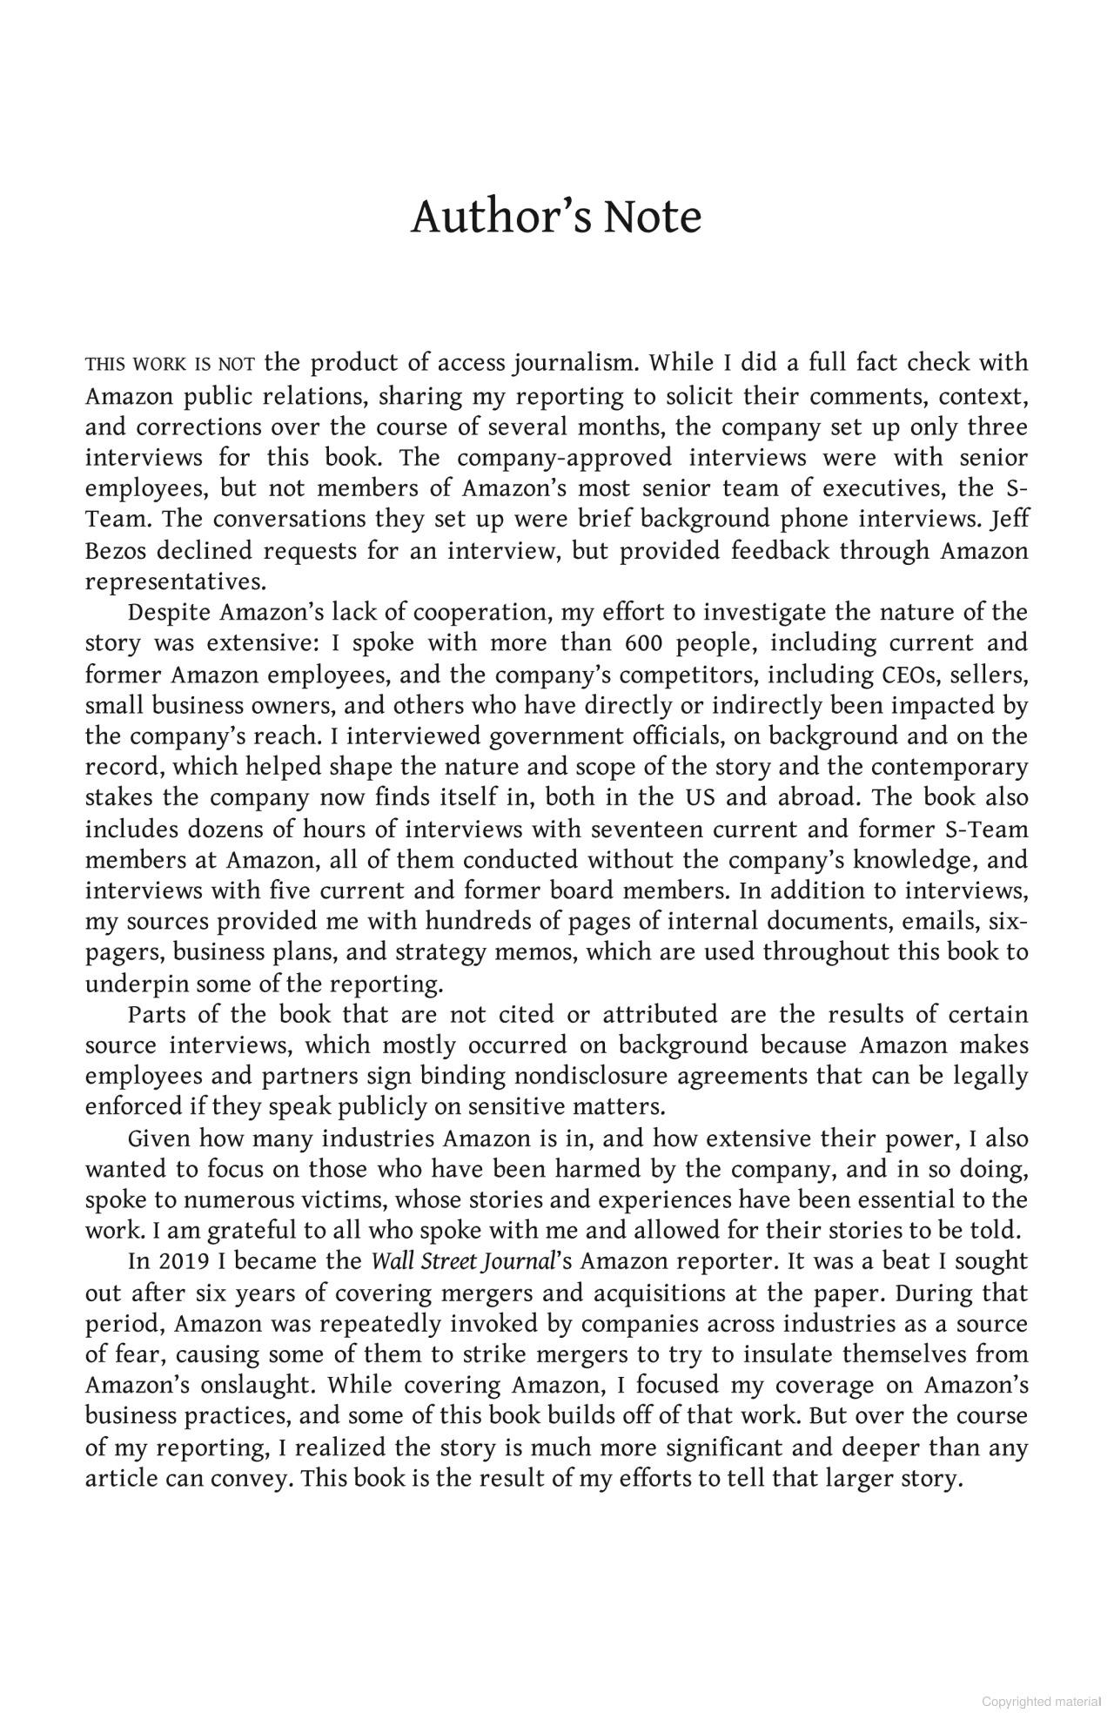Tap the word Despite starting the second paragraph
click(x=169, y=613)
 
